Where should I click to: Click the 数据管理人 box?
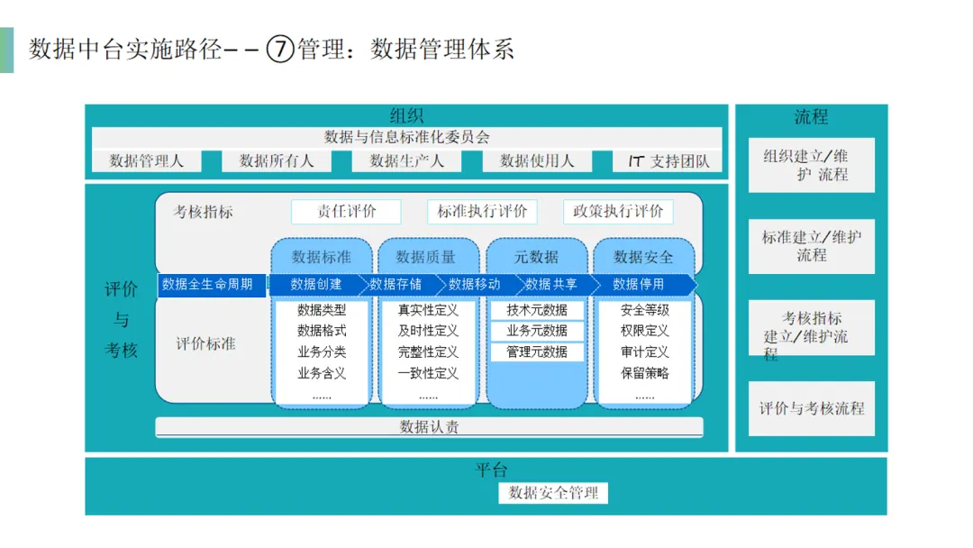tap(146, 161)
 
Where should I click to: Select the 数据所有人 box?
tap(277, 161)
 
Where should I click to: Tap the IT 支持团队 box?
tap(668, 161)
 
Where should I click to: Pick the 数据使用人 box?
tap(537, 161)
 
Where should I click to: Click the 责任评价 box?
tap(346, 212)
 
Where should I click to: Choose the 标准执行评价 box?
tap(482, 212)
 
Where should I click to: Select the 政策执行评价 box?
tap(618, 212)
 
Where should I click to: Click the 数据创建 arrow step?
tap(316, 285)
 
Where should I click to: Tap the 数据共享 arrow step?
tap(551, 285)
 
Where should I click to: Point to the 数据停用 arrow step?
tap(639, 285)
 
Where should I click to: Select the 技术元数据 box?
tap(537, 310)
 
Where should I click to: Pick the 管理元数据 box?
tap(537, 352)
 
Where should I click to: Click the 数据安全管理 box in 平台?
tap(553, 493)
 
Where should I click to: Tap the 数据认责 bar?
tap(429, 427)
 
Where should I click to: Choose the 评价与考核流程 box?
tap(811, 408)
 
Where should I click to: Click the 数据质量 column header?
tap(426, 257)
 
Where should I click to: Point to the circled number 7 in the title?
tap(281, 49)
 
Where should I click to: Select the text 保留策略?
tap(645, 373)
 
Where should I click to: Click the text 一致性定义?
tap(428, 373)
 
